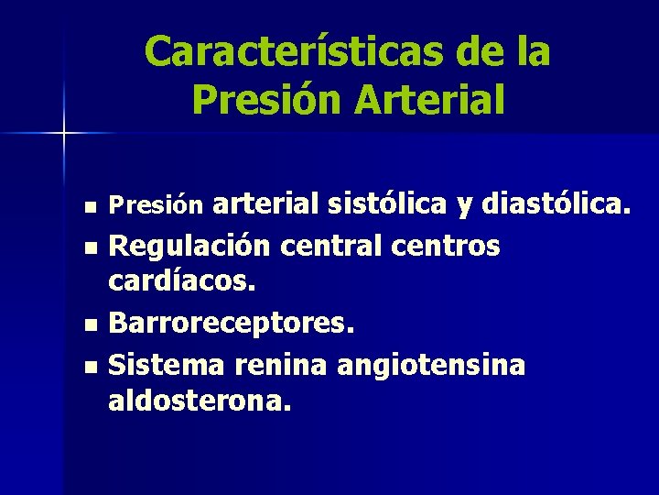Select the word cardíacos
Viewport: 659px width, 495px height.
180,283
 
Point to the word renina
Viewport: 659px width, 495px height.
281,365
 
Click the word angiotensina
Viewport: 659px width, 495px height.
431,365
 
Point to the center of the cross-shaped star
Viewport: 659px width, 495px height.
63,134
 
